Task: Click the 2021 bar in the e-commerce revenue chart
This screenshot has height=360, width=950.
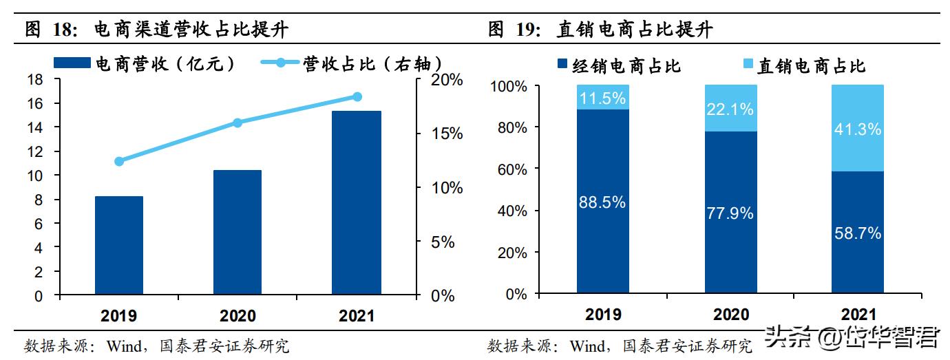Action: click(356, 203)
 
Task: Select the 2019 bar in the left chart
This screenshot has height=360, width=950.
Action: click(119, 246)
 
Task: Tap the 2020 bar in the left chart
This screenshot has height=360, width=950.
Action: click(237, 233)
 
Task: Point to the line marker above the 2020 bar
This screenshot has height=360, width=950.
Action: click(237, 123)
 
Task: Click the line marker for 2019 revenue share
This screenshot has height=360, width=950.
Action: click(119, 161)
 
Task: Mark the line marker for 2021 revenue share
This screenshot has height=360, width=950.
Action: click(357, 96)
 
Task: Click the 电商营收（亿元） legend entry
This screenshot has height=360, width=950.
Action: click(162, 64)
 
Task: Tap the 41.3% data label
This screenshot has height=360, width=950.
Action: click(857, 129)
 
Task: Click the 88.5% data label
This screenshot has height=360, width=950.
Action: click(602, 202)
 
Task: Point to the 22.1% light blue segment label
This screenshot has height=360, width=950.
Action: click(730, 109)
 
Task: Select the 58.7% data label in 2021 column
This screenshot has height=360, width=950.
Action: click(857, 233)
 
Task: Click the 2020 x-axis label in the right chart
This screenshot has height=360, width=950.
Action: click(730, 315)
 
